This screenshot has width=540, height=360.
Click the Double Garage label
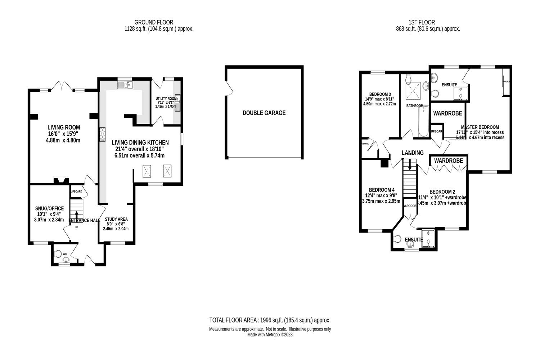click(x=264, y=113)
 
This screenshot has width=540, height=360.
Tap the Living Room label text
click(x=64, y=127)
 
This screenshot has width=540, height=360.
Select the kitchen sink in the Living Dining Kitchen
click(x=126, y=85)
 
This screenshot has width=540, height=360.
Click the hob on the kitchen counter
click(x=102, y=133)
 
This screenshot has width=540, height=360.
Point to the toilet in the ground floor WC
click(x=58, y=253)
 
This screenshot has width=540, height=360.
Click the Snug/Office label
click(x=49, y=208)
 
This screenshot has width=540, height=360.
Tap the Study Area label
click(x=116, y=219)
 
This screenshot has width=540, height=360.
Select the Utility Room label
click(x=166, y=99)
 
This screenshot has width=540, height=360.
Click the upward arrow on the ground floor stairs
click(x=76, y=215)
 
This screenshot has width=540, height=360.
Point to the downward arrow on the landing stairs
click(x=409, y=165)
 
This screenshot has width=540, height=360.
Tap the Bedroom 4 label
click(x=382, y=190)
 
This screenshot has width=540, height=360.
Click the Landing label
click(x=413, y=153)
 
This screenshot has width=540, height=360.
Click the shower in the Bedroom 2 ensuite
click(x=428, y=239)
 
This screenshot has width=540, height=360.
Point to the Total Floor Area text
click(x=270, y=320)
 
